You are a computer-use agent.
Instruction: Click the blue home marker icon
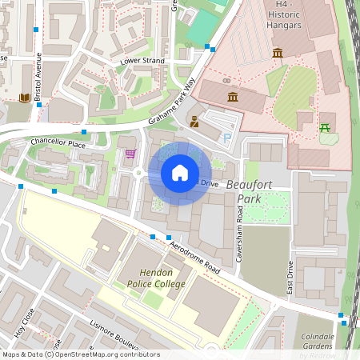pyautogui.click(x=180, y=173)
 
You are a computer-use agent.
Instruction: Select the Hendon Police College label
pyautogui.click(x=150, y=278)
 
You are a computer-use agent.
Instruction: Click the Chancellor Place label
pyautogui.click(x=58, y=143)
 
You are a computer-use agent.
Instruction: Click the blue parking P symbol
pyautogui.click(x=227, y=138)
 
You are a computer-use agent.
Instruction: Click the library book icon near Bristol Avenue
pyautogui.click(x=24, y=98)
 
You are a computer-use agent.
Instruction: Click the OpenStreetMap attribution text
pyautogui.click(x=80, y=354)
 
